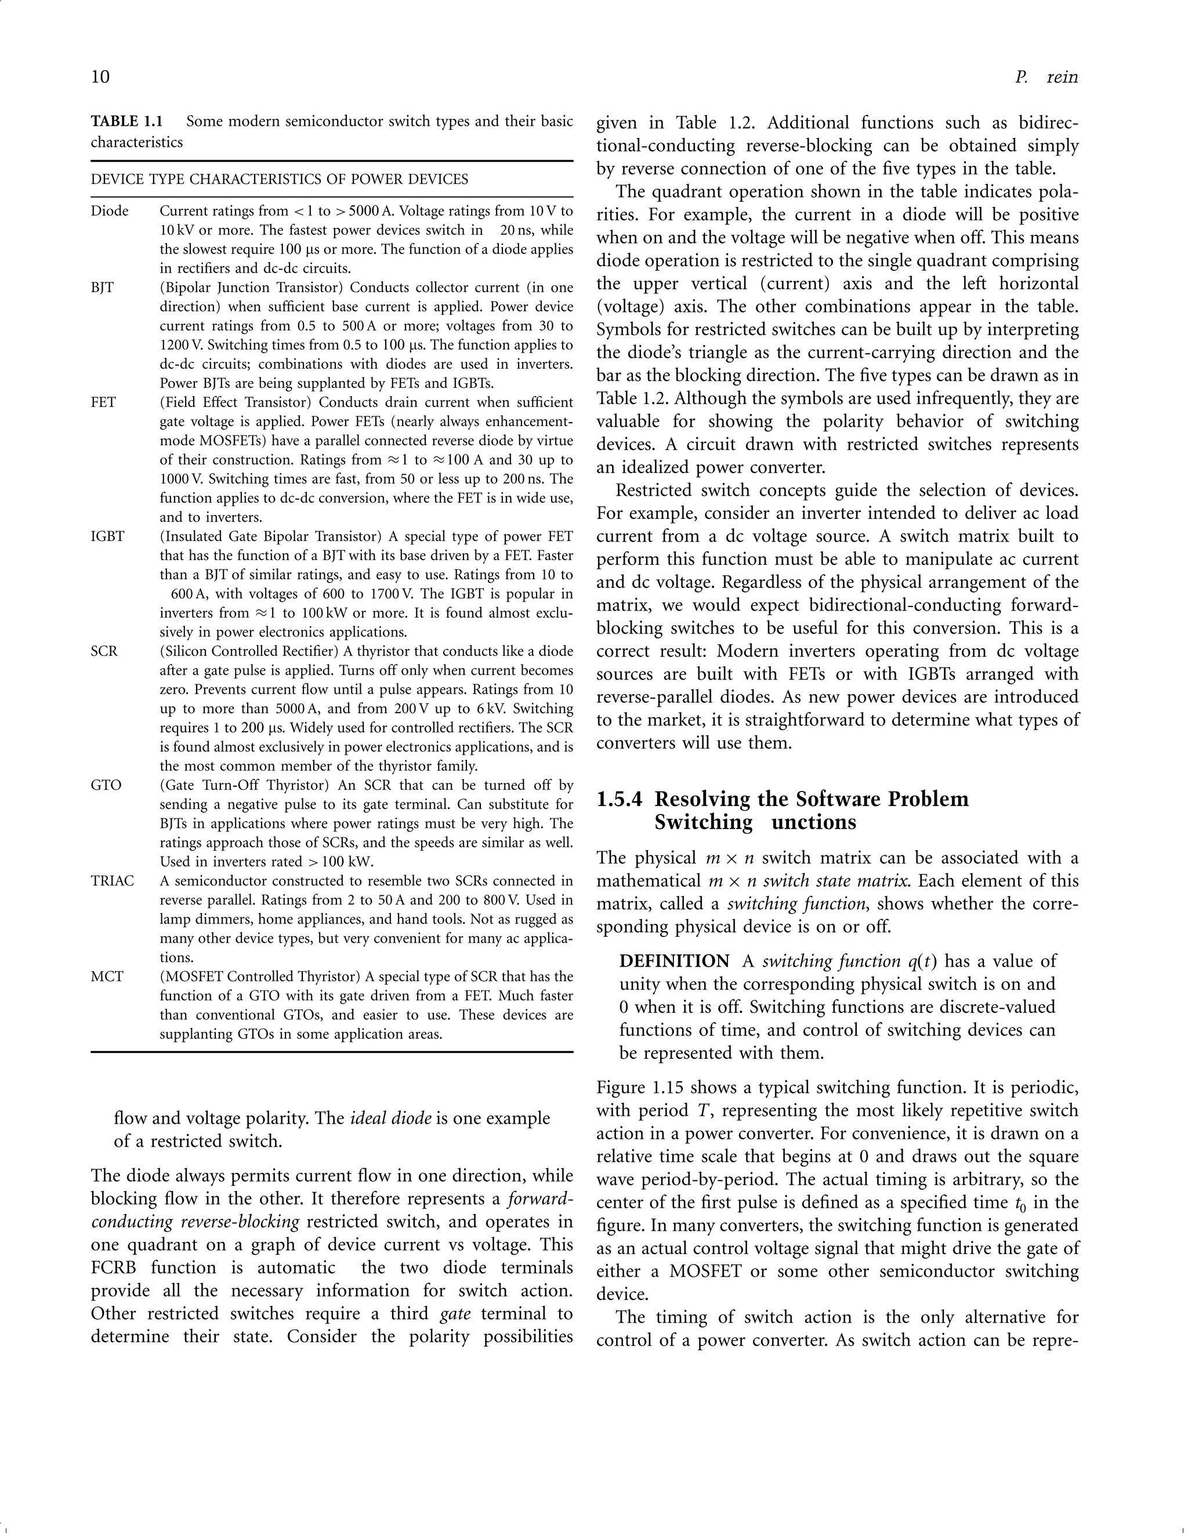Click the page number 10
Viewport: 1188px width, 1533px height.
point(100,77)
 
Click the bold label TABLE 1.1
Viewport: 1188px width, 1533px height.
point(126,121)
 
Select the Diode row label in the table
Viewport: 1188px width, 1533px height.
point(110,211)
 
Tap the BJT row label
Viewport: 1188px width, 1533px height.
point(103,288)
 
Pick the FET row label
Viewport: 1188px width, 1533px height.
point(103,403)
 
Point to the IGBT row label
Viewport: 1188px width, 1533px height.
point(107,537)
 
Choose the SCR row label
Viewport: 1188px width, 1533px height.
point(104,651)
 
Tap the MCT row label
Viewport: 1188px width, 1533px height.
point(107,977)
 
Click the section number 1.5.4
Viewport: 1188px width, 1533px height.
point(620,800)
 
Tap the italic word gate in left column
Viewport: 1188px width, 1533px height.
point(455,1314)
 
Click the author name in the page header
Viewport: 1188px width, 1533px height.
point(1046,77)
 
